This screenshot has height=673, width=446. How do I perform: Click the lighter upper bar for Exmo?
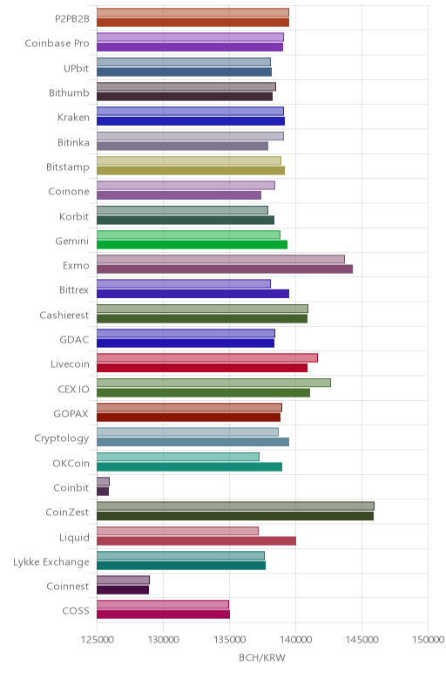click(x=220, y=259)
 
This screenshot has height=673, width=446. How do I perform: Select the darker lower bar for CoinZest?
click(x=235, y=516)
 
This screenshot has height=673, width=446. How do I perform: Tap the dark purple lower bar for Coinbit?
click(x=103, y=491)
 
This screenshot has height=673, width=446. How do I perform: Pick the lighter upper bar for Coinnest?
click(x=123, y=581)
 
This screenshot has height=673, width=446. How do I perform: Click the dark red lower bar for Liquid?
click(x=196, y=540)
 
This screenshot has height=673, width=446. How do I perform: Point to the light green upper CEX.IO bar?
click(x=213, y=383)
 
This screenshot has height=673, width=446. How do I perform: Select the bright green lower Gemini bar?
click(x=193, y=245)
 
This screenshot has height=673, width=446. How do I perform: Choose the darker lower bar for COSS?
click(x=164, y=615)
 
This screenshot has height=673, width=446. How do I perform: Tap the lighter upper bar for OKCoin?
click(x=178, y=457)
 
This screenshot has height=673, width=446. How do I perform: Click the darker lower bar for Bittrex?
click(x=193, y=294)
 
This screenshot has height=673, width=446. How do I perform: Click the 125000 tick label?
click(x=98, y=640)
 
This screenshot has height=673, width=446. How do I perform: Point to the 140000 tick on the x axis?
click(x=295, y=640)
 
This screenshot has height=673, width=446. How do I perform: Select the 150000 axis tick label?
click(x=428, y=640)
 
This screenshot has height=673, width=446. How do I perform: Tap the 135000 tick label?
click(x=229, y=640)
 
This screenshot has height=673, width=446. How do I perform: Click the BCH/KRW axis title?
click(x=262, y=658)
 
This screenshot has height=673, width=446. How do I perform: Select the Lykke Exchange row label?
click(x=51, y=562)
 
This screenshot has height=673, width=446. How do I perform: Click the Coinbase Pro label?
click(x=57, y=44)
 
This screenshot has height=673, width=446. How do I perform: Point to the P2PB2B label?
click(x=72, y=19)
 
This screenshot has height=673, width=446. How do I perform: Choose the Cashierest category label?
click(x=64, y=315)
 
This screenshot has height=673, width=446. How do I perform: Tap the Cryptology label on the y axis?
click(x=62, y=438)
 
